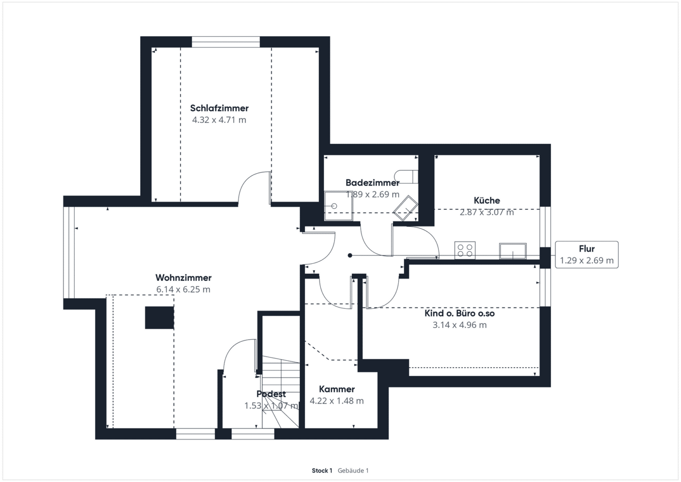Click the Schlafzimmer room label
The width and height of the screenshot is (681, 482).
[219, 108]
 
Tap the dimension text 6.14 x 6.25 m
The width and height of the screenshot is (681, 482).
[183, 289]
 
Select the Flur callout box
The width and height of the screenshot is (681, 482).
[586, 255]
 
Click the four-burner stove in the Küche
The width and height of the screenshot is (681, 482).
[465, 250]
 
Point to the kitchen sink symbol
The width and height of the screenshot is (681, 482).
[513, 251]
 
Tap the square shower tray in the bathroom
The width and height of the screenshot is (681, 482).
[338, 206]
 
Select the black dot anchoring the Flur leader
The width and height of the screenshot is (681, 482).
[350, 255]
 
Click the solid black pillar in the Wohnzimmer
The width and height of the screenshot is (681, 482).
[159, 318]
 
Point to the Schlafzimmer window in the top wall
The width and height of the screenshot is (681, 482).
[226, 42]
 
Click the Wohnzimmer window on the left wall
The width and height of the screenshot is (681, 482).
[69, 253]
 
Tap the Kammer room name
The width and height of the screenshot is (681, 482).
[337, 389]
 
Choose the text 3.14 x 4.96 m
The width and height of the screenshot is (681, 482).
[459, 325]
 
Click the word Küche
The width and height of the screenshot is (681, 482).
[487, 200]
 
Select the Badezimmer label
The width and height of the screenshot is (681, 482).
[372, 183]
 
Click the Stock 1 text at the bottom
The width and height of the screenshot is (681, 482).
[322, 470]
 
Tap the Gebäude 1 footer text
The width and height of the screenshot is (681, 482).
[353, 470]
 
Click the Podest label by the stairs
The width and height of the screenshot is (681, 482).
[271, 394]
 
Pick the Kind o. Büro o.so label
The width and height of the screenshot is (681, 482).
[459, 313]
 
